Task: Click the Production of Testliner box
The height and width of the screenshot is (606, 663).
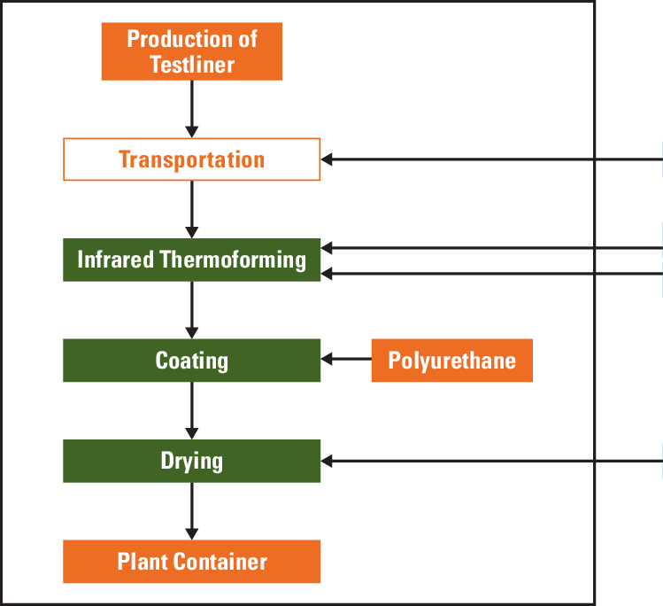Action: [191, 51]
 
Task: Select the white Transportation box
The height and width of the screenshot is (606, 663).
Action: [191, 159]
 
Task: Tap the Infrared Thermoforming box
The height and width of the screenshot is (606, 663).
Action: [191, 260]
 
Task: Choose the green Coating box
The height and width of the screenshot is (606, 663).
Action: [191, 361]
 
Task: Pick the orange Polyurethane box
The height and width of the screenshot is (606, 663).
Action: [451, 361]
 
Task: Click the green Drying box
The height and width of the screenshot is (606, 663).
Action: [191, 461]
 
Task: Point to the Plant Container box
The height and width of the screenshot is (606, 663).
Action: [191, 562]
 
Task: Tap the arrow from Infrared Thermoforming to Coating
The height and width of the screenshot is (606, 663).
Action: [191, 309]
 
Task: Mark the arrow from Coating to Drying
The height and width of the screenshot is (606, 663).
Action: [191, 410]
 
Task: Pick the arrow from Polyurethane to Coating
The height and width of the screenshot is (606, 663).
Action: [345, 360]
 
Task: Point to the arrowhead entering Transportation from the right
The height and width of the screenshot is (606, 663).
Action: [327, 160]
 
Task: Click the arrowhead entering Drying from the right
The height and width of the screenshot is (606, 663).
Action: [327, 461]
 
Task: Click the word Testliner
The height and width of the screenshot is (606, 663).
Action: [192, 65]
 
